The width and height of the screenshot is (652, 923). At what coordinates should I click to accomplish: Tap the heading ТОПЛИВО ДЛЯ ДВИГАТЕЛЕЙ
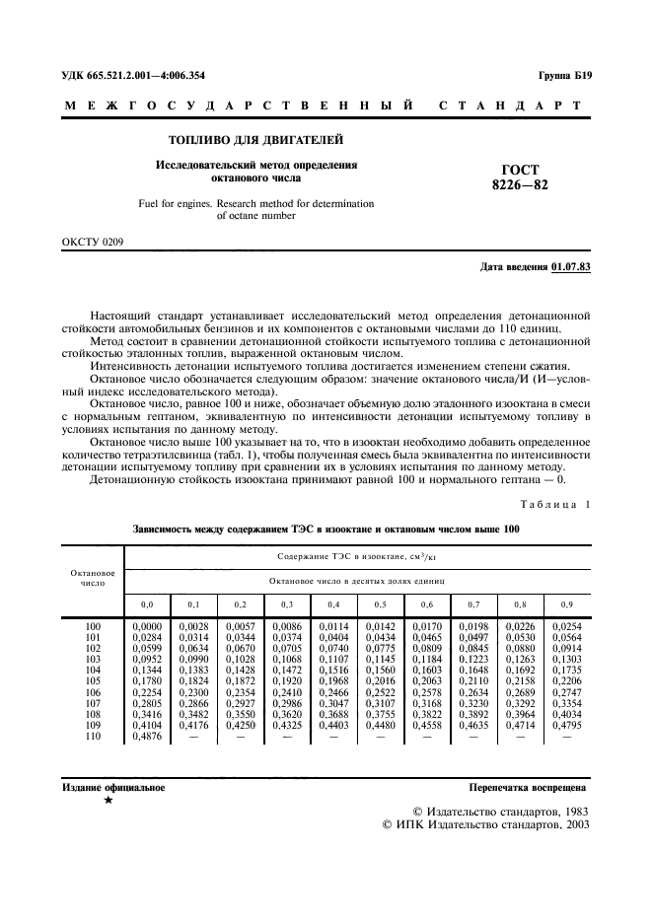click(x=255, y=140)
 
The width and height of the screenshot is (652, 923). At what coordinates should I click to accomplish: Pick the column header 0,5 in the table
click(x=379, y=603)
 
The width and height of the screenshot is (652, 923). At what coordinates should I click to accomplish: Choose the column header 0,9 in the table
click(x=565, y=603)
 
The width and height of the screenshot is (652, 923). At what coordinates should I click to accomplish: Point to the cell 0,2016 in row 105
click(x=379, y=680)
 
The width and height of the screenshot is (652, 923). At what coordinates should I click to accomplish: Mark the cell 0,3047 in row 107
click(x=333, y=702)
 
